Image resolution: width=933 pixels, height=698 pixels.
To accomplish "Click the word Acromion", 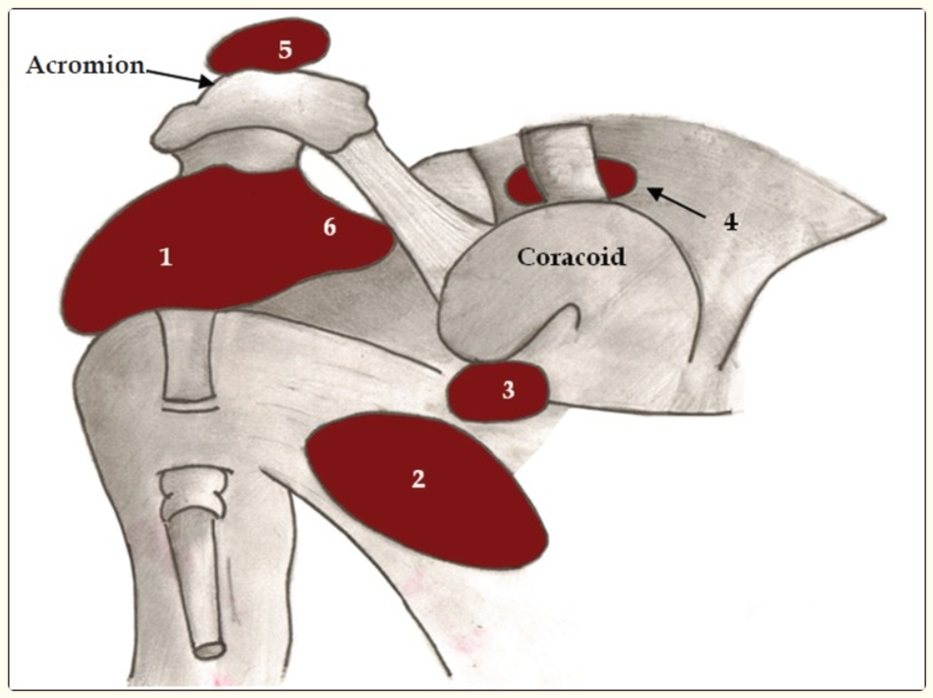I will click(85, 66).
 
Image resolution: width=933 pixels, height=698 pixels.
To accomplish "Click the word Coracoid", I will click(572, 257).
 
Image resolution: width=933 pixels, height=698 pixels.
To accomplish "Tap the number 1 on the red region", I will click(166, 258).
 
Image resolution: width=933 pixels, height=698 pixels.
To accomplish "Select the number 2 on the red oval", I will click(418, 480).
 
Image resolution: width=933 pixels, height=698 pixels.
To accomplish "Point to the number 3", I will click(508, 390).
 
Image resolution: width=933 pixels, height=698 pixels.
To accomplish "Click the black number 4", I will click(730, 222).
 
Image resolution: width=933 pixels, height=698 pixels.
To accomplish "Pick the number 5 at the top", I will click(285, 50).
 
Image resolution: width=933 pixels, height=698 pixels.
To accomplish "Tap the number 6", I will click(330, 228).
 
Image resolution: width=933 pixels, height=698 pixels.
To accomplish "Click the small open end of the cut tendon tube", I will click(210, 649).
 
